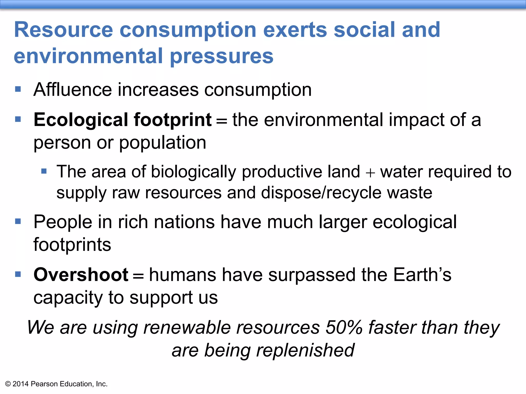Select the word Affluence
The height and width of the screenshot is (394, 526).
(x=72, y=90)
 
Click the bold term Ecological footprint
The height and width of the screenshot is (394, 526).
(x=123, y=120)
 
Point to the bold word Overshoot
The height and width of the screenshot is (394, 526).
(x=81, y=275)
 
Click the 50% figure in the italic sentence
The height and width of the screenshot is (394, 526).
(x=344, y=328)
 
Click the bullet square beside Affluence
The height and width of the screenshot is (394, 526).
(x=18, y=89)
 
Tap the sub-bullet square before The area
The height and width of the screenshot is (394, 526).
(x=44, y=171)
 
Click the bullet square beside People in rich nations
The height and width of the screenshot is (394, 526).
(x=18, y=221)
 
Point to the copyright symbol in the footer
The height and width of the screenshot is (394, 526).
(x=8, y=384)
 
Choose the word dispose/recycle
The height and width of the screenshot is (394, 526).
(x=321, y=193)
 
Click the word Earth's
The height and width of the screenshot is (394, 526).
(x=422, y=275)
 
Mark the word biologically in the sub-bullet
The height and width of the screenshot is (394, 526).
(x=193, y=172)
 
